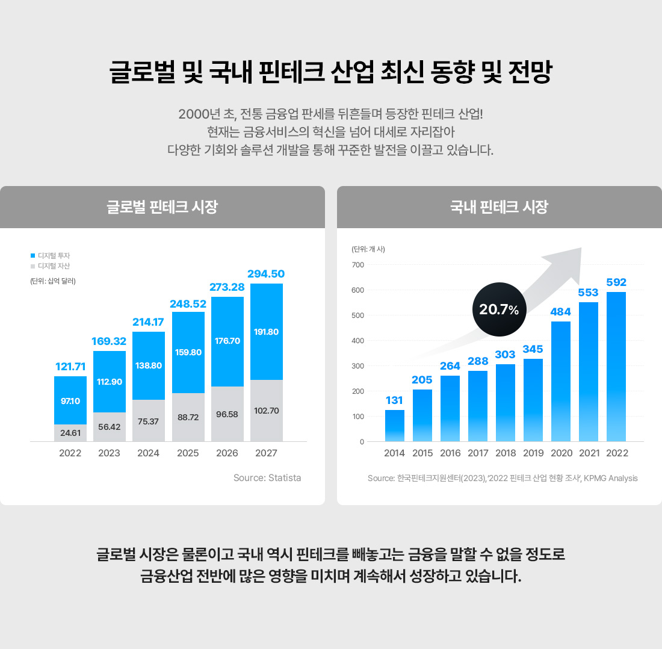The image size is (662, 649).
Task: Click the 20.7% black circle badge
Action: (x=499, y=309)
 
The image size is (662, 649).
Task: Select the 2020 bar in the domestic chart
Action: (x=561, y=381)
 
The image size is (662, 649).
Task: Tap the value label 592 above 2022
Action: (x=616, y=282)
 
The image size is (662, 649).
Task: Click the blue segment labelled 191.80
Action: (x=267, y=332)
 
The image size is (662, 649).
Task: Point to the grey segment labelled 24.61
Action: (x=70, y=433)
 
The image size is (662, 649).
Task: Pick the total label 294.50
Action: (x=266, y=274)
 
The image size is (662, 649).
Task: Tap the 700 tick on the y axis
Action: (x=357, y=265)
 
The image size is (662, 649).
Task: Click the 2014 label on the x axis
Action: (x=394, y=453)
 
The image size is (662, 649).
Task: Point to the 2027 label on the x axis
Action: (x=266, y=453)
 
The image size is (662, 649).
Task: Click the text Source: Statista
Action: (x=267, y=478)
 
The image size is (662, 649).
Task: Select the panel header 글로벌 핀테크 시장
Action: (x=162, y=208)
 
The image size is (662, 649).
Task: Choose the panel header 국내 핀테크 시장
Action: (x=499, y=208)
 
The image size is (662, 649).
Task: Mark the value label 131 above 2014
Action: (x=395, y=400)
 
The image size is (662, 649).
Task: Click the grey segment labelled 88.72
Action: (x=188, y=417)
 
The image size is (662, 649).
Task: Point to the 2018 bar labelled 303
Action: (x=506, y=403)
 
